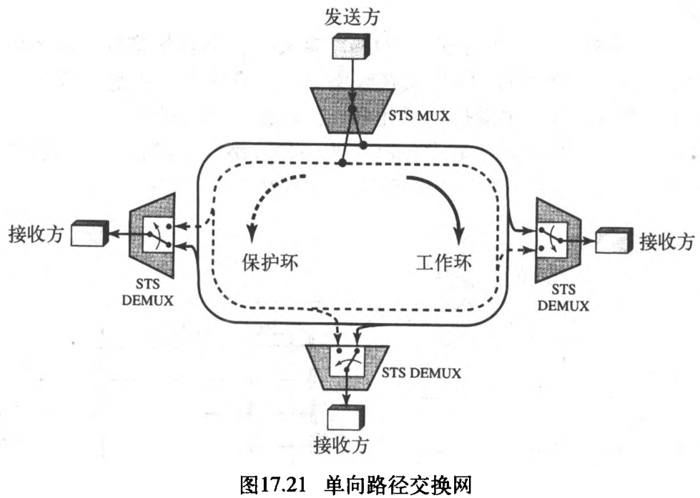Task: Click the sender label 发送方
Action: point(351,17)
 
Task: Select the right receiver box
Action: point(613,241)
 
